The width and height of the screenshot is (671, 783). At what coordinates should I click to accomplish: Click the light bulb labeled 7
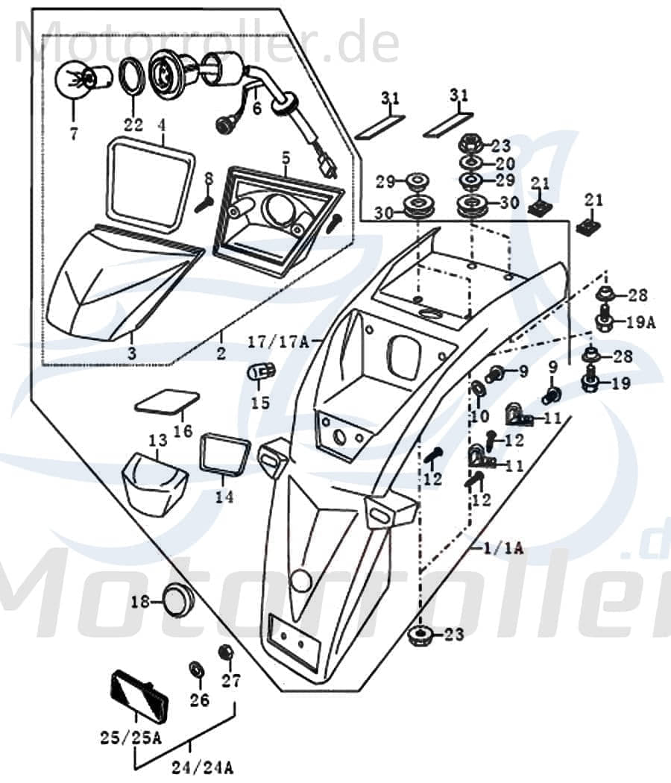pos(77,78)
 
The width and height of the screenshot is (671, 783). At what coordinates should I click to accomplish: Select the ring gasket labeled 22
pos(133,76)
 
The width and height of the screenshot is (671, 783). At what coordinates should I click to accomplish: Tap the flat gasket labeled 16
pos(167,402)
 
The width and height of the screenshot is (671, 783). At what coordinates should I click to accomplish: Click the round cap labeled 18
pos(176,601)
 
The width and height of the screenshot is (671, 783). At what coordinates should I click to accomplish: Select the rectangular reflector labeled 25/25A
pos(139,694)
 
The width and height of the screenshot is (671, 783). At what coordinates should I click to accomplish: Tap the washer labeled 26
pos(198,669)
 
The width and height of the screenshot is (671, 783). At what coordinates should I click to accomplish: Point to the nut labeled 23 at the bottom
pos(420,635)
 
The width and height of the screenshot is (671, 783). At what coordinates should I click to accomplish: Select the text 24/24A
pos(203,766)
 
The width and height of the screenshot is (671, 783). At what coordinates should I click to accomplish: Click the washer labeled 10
pos(476,389)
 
